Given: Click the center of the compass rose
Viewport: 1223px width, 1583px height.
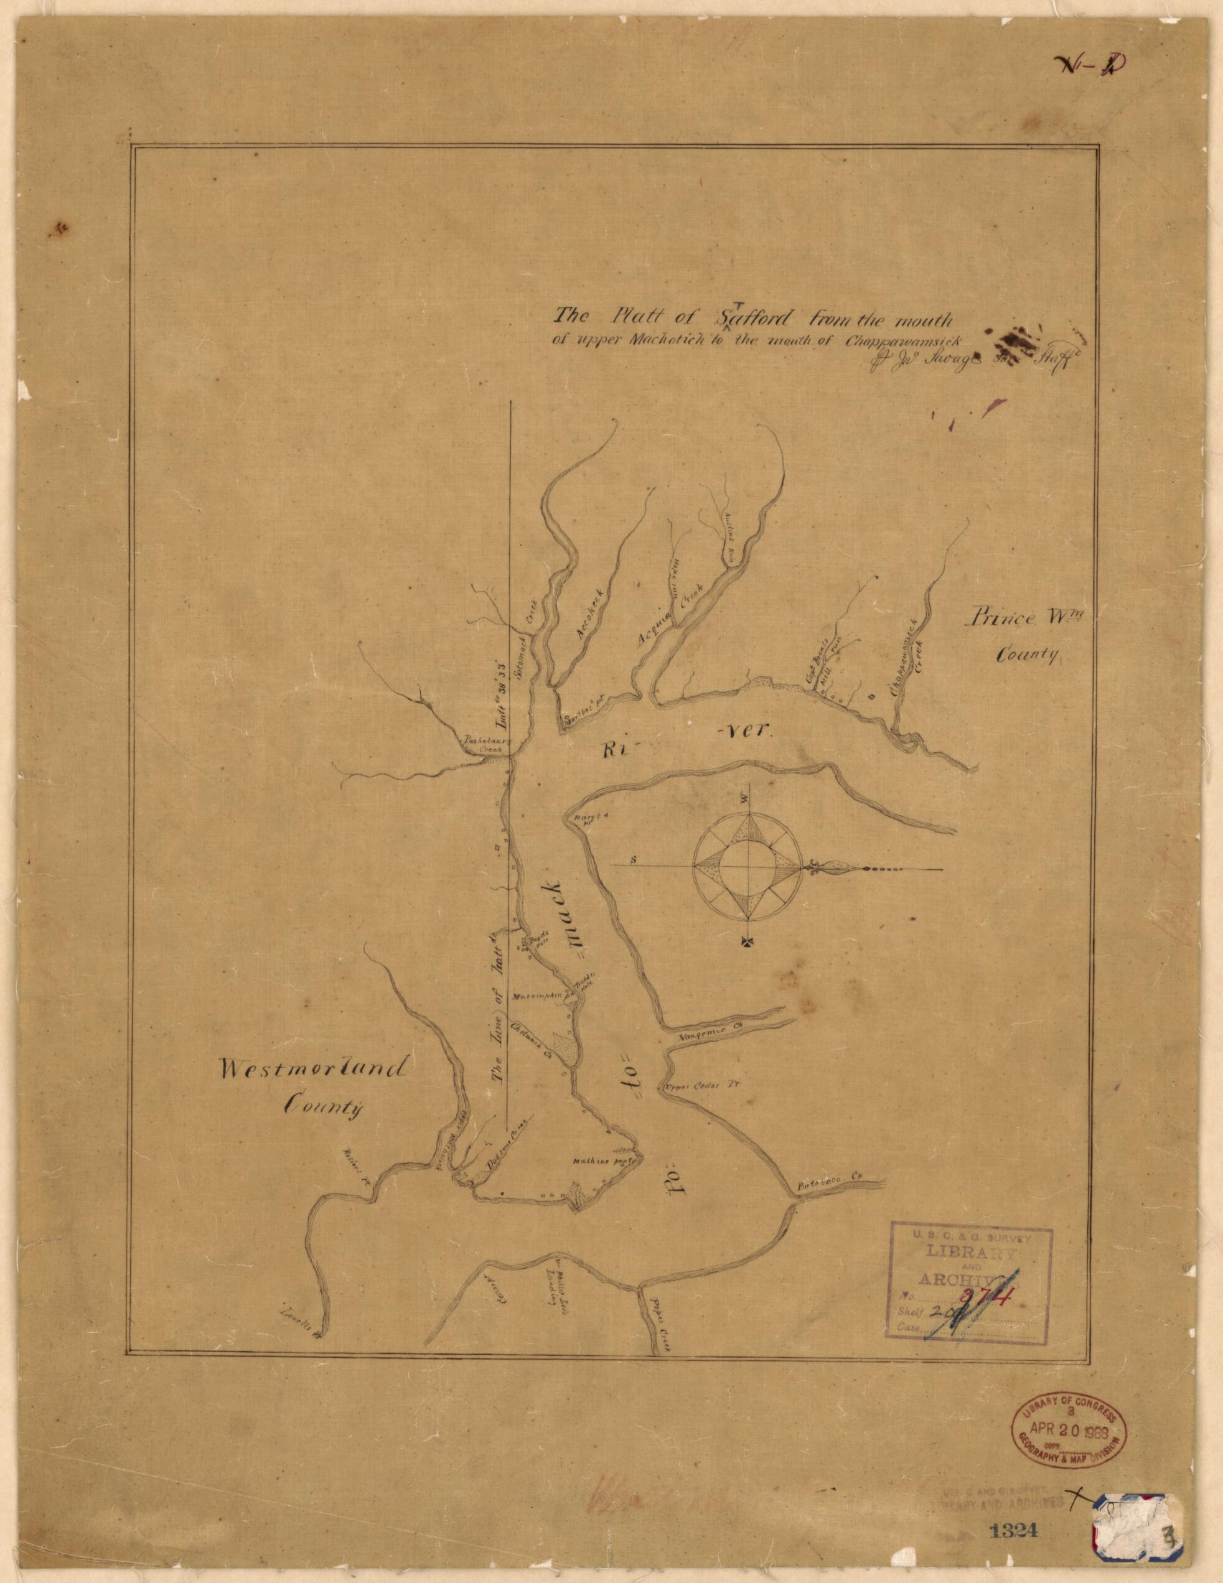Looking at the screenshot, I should tap(747, 866).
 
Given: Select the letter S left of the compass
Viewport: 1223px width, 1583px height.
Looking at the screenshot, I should tap(634, 861).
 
